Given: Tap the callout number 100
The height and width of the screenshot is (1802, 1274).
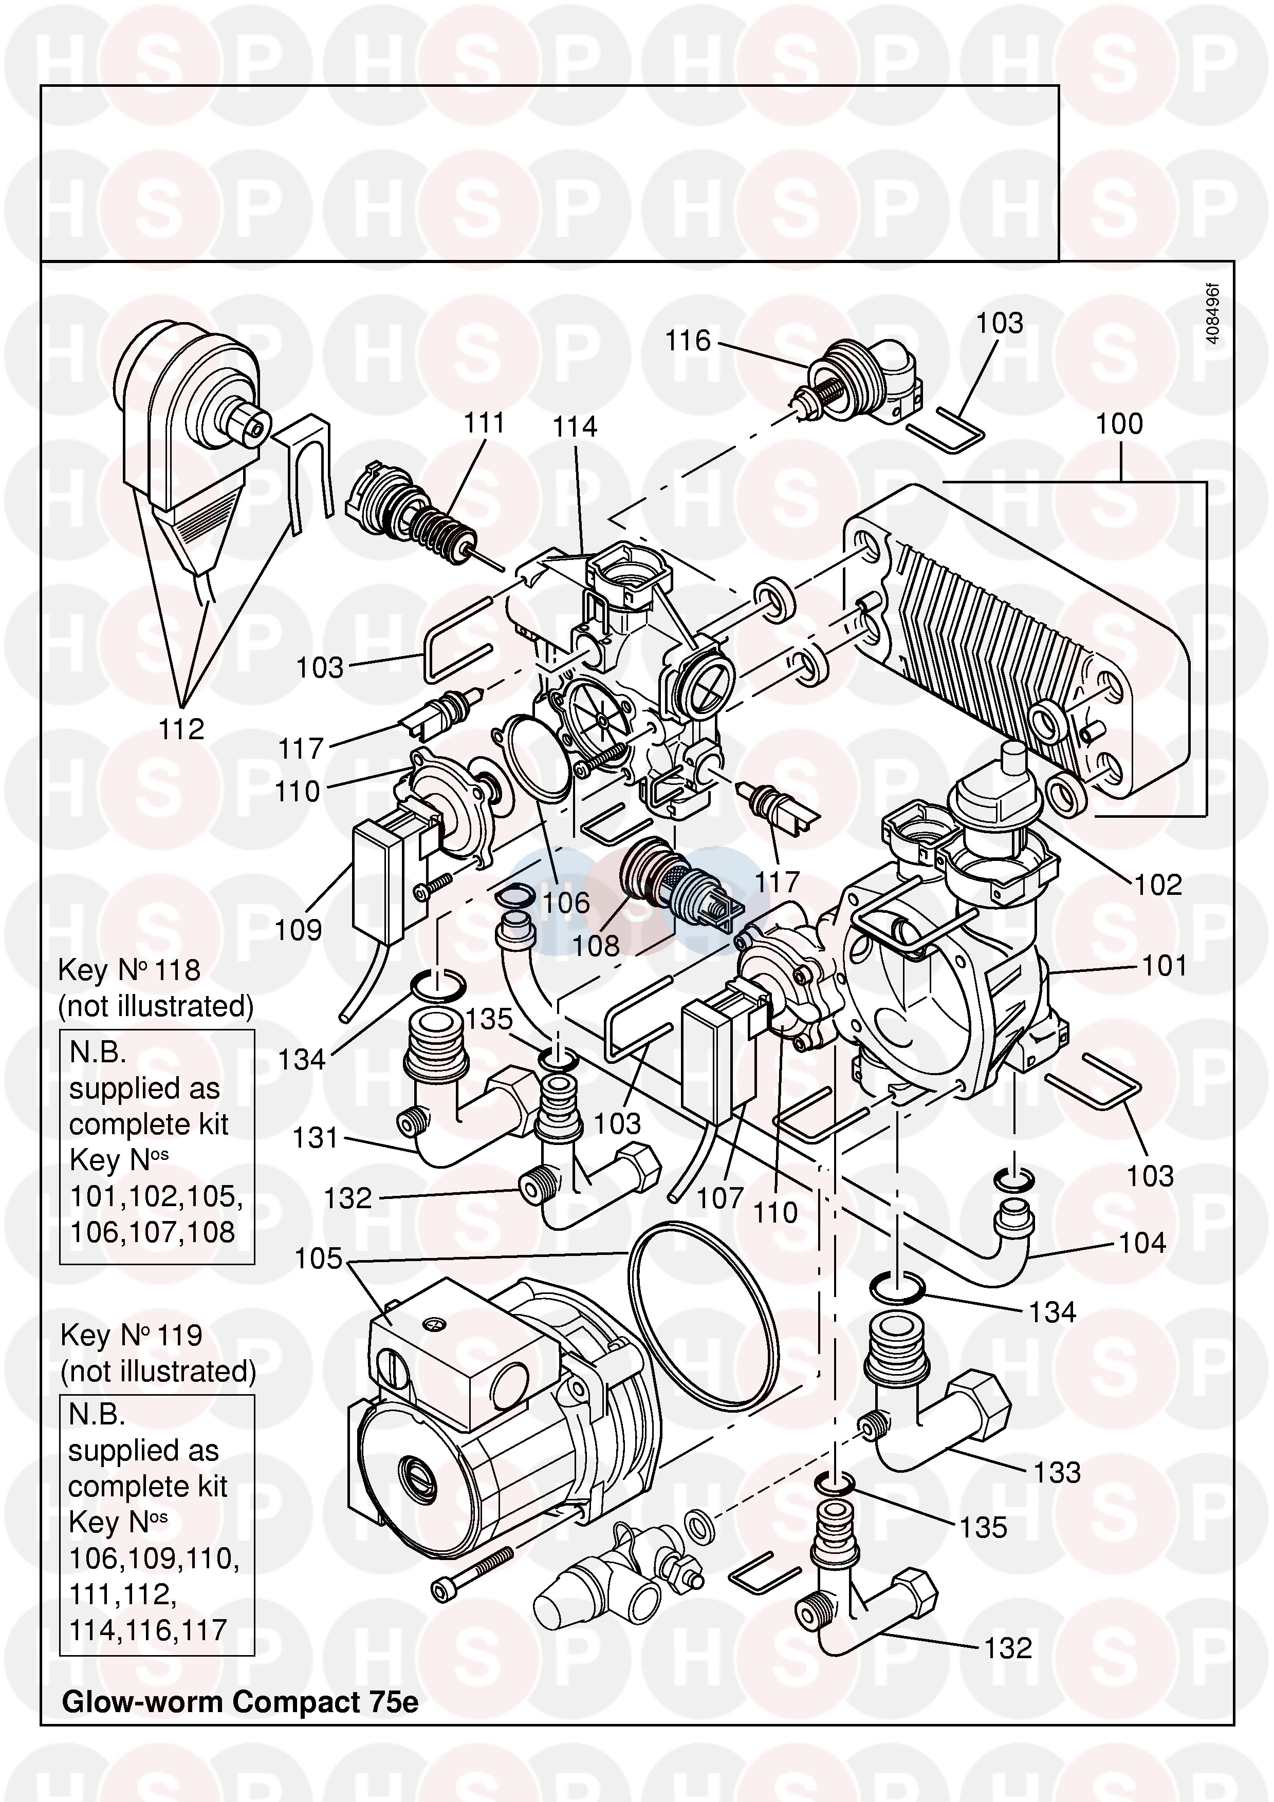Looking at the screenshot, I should pos(1119,425).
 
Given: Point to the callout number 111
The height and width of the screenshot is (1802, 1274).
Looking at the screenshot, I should pos(484,423).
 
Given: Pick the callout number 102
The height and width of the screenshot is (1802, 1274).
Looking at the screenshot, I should pos(1158,885).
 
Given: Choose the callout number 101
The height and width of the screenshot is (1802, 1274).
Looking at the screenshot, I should pos(1164,966).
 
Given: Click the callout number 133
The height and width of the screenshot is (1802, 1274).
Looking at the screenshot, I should pos(1057,1472).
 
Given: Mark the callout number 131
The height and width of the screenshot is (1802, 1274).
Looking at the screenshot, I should pos(315,1138).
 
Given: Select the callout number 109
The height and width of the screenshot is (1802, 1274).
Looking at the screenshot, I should pos(298,930).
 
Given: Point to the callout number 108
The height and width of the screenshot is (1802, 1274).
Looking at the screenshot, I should pos(596,946).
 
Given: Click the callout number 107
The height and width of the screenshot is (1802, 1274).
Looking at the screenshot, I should pos(720,1198).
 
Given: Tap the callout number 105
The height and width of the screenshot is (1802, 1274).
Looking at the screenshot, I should pos(318,1259).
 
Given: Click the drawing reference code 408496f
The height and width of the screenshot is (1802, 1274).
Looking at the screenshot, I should pos(1213,314).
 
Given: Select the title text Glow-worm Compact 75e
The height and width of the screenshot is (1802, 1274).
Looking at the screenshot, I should pos(240,1701).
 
